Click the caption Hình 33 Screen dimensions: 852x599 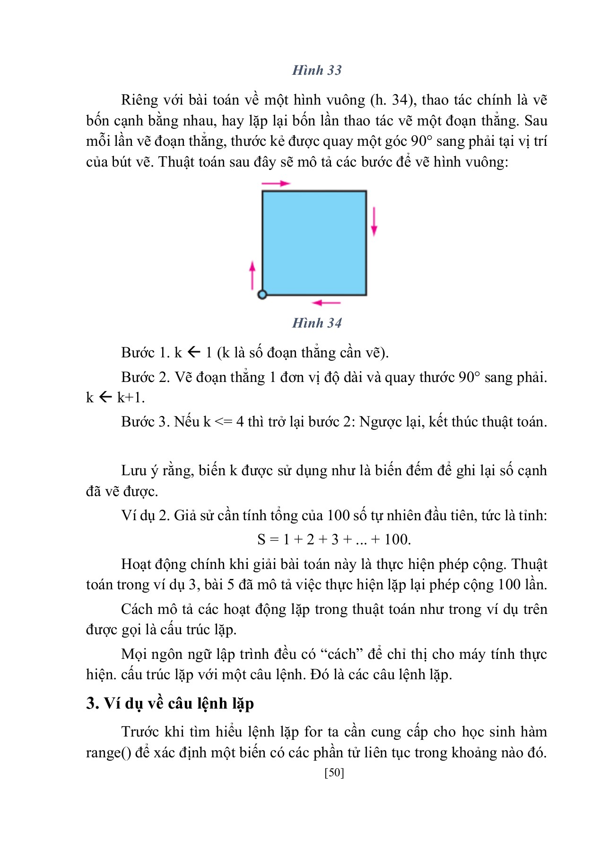click(x=317, y=70)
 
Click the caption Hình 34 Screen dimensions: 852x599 click(x=317, y=323)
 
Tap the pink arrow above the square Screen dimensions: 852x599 click(x=276, y=183)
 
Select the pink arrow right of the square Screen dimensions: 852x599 click(x=374, y=221)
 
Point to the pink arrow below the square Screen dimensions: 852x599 click(x=327, y=302)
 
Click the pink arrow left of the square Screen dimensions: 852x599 click(x=252, y=275)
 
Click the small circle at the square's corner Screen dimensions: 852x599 click(x=262, y=294)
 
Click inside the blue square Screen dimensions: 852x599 click(x=314, y=243)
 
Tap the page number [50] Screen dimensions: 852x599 click(x=334, y=772)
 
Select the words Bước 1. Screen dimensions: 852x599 click(x=145, y=353)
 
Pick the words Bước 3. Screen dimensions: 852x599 click(x=145, y=422)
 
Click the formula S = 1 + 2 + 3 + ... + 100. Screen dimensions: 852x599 click(x=334, y=539)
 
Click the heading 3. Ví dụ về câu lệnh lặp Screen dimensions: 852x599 click(x=170, y=703)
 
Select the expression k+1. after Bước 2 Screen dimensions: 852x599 click(x=130, y=398)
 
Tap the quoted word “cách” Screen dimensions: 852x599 click(x=341, y=654)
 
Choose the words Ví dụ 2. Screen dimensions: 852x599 click(x=145, y=515)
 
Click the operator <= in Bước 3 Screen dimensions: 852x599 click(x=223, y=422)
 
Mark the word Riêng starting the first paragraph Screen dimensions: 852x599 click(x=139, y=100)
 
